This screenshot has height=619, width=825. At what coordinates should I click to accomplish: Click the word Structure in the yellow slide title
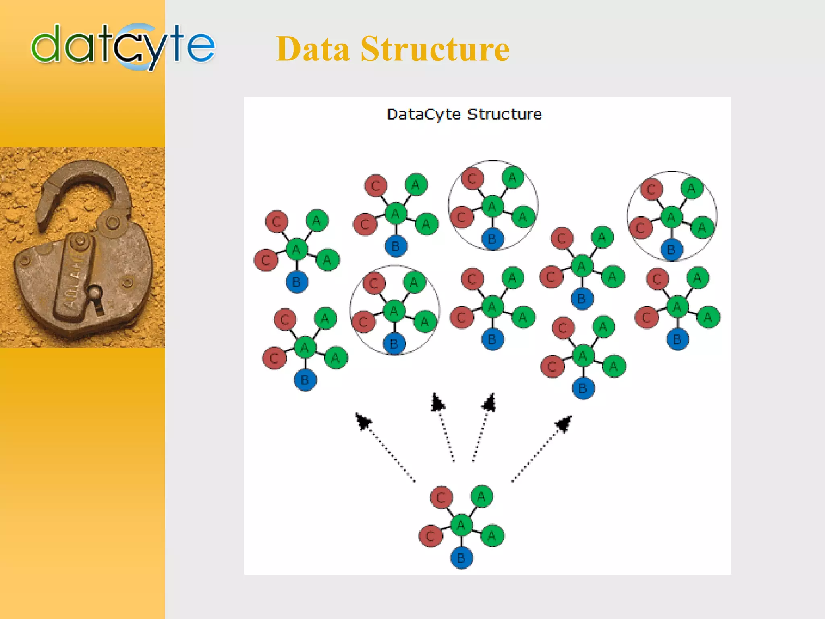pos(435,49)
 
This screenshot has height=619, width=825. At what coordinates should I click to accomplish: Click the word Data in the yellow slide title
pos(313,49)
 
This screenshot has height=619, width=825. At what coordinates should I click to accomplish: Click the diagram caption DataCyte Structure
pos(464,114)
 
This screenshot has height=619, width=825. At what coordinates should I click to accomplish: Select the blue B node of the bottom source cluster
pos(461,558)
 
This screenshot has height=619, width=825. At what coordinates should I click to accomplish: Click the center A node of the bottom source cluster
pos(461,525)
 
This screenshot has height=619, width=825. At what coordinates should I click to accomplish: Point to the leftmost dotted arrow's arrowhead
pos(363,421)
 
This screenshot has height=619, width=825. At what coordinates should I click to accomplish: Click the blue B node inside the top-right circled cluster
pos(671,250)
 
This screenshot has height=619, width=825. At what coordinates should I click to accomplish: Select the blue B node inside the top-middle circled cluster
pos(492,239)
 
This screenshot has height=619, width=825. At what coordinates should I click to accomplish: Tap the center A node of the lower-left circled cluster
pos(394,311)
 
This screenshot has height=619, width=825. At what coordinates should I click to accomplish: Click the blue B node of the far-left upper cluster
pos(297,282)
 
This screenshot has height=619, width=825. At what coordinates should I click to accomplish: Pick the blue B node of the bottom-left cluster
pos(305,380)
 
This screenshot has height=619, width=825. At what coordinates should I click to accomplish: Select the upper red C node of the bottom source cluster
pos(442,497)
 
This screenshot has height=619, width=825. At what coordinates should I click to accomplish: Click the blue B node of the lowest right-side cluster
pos(583,388)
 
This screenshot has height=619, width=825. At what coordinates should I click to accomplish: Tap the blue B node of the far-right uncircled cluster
pos(678,339)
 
